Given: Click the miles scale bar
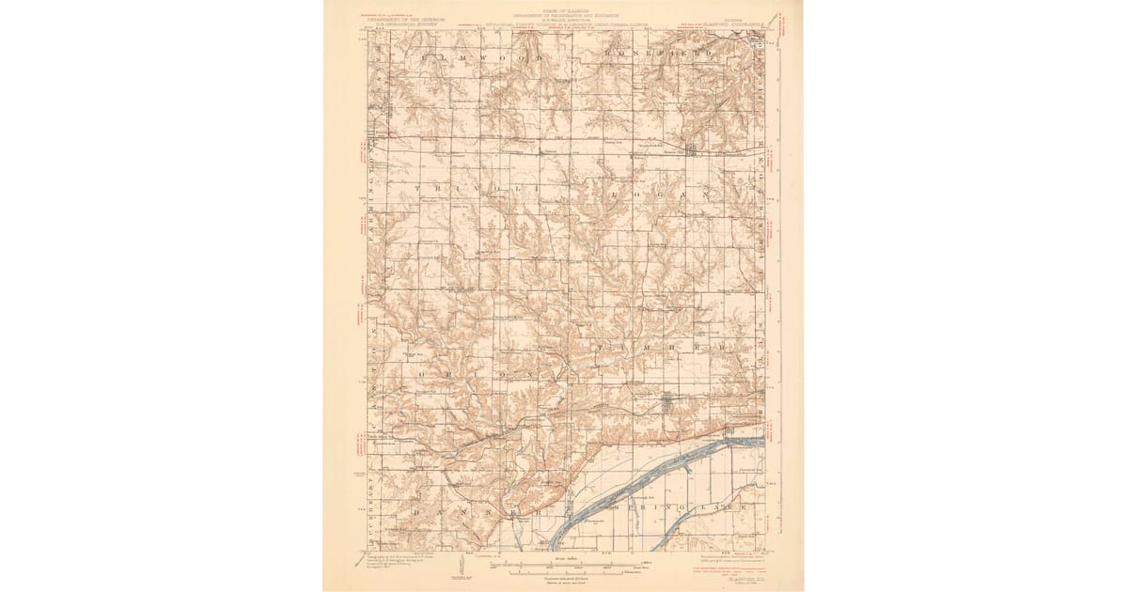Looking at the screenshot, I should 564,565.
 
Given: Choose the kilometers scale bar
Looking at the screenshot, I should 564,572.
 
